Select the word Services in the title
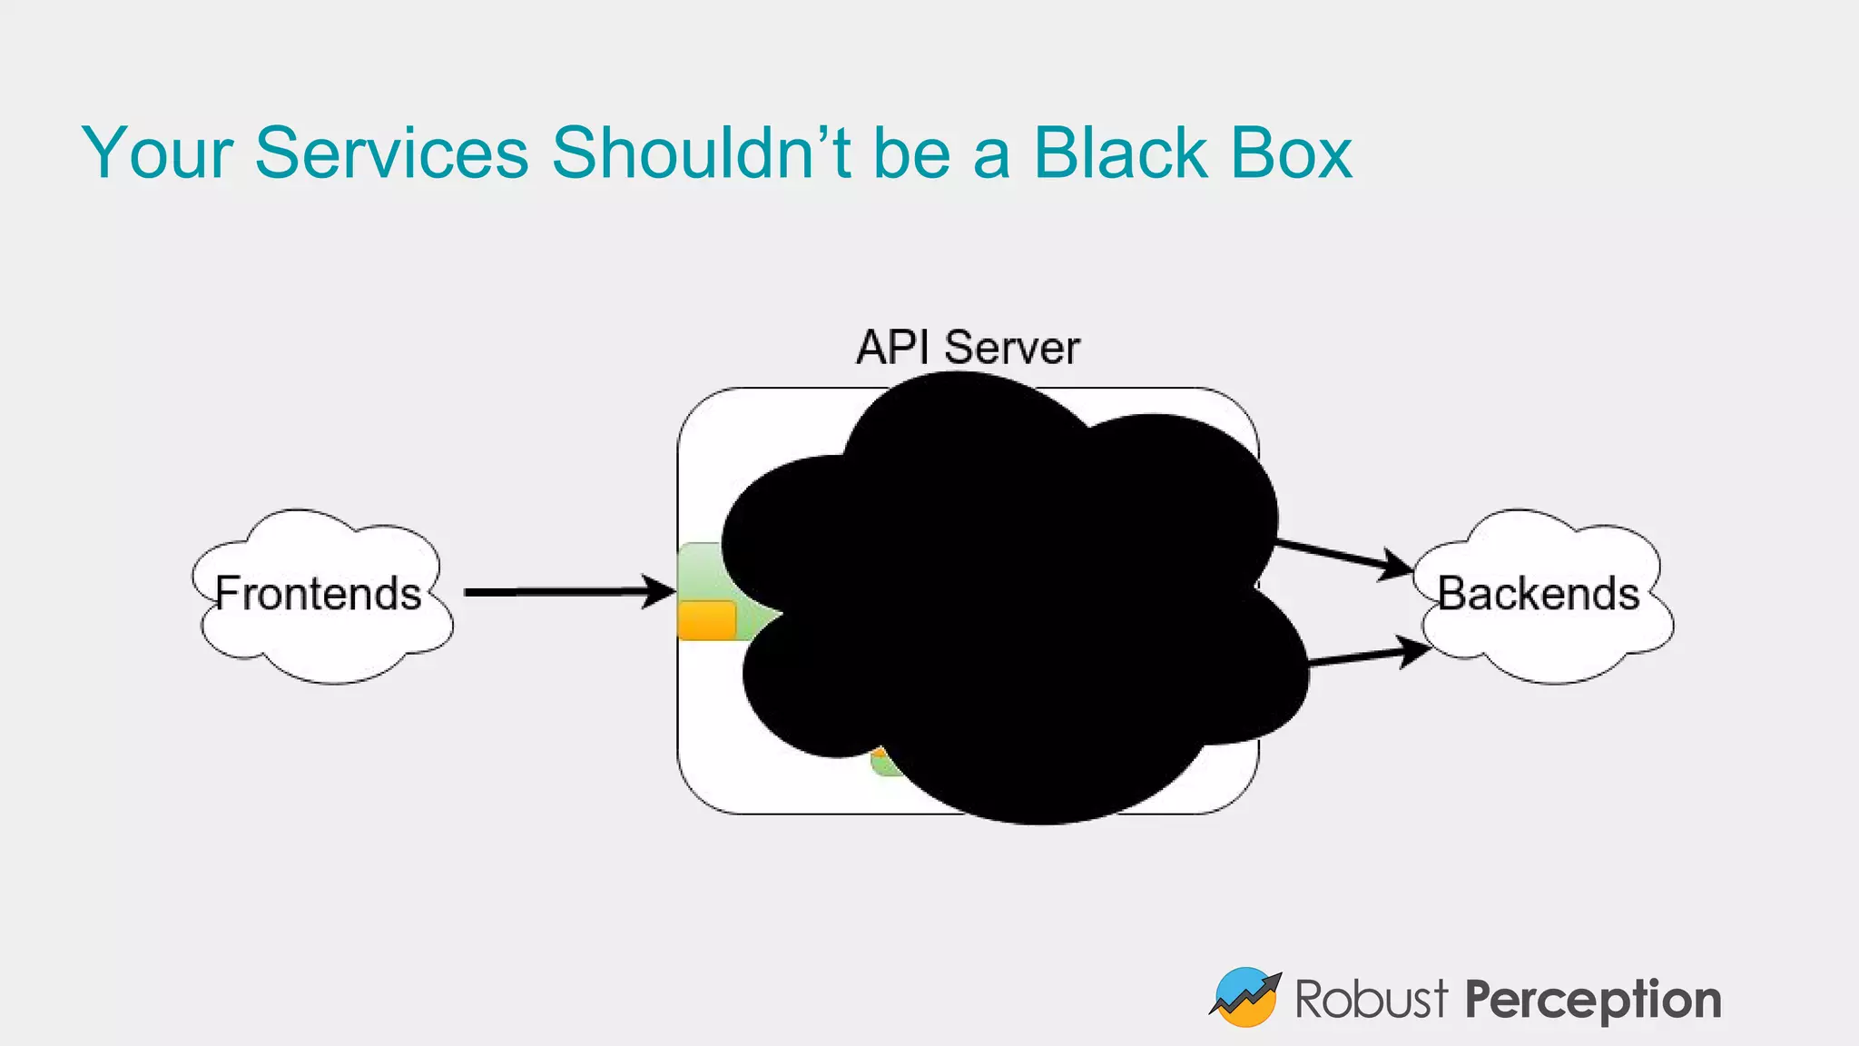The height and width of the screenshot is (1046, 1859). click(x=391, y=153)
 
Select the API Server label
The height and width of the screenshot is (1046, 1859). click(x=968, y=348)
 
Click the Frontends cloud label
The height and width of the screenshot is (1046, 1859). click(x=319, y=594)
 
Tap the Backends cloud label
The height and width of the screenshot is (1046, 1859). click(x=1539, y=594)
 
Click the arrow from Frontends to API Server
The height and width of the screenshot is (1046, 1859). click(x=563, y=592)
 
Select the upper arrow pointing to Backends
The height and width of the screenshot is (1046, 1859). click(x=1343, y=556)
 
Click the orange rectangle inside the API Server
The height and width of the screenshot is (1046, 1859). click(x=706, y=620)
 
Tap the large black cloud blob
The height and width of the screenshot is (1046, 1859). click(x=1008, y=599)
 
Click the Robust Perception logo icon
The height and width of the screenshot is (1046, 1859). click(x=1244, y=997)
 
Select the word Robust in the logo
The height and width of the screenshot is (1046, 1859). click(x=1371, y=1000)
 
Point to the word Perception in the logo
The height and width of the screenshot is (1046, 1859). click(x=1593, y=1000)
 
